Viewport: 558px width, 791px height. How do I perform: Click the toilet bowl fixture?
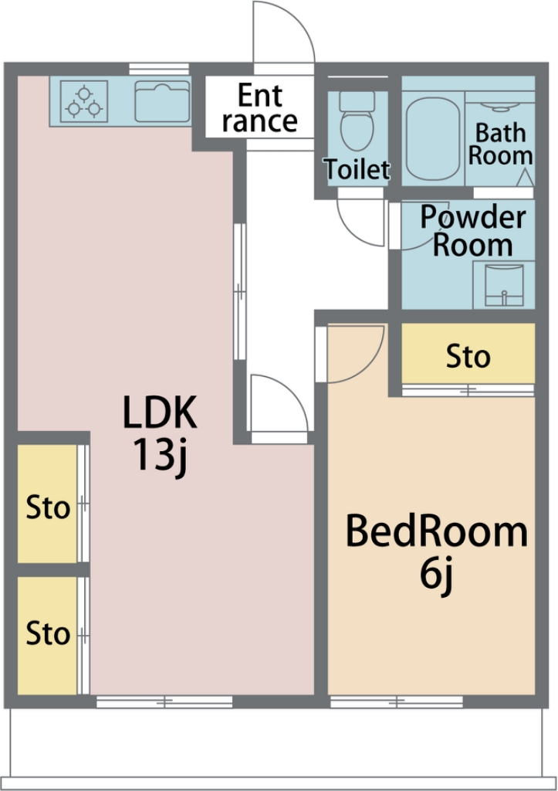(357, 121)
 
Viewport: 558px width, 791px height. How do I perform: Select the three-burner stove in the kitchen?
(83, 101)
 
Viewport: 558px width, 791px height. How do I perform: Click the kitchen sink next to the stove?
(162, 101)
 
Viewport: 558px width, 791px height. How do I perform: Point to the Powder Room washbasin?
(503, 285)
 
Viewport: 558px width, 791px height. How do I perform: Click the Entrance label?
(260, 108)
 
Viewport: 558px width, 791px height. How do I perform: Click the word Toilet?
(357, 169)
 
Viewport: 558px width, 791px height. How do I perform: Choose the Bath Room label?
(500, 144)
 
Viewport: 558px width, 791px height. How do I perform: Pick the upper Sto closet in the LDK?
(47, 504)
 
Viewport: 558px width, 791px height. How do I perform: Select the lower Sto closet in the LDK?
(47, 635)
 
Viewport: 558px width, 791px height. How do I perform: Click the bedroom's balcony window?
(396, 701)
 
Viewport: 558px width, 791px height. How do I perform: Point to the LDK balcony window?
(164, 701)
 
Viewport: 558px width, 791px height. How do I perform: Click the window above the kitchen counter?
(159, 69)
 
